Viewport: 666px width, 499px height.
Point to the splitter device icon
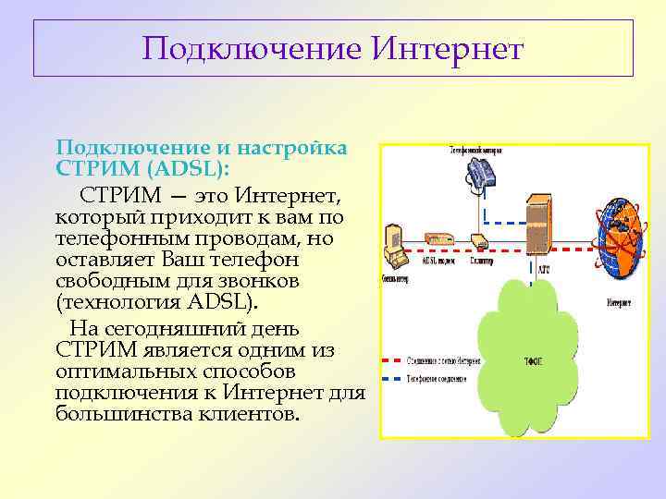coord(479,241)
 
